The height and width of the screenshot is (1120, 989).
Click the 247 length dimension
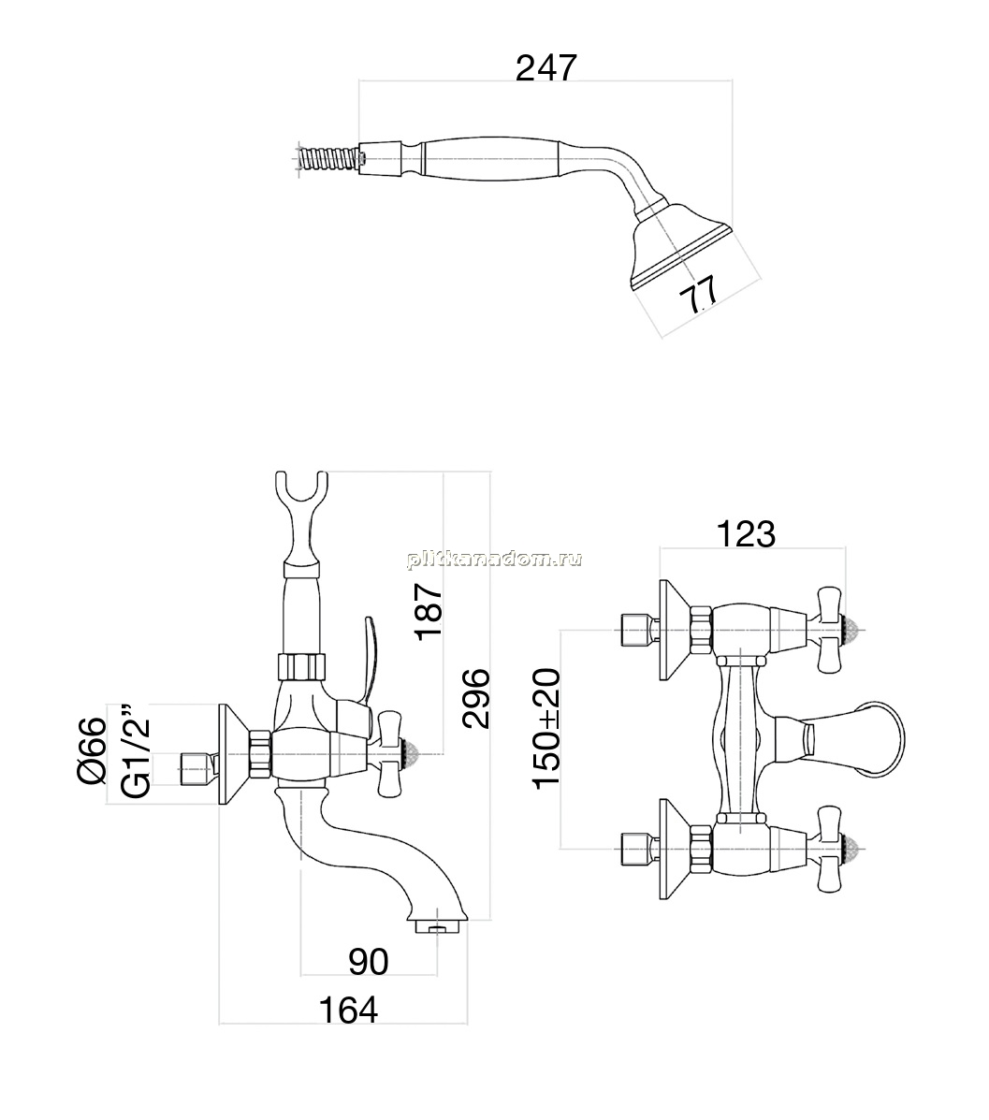coord(545,68)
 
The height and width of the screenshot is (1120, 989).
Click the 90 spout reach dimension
coord(368,962)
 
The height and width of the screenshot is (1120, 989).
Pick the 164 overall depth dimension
coord(348,1010)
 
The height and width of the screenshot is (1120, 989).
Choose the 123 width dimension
coord(746,533)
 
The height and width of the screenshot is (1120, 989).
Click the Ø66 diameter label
coord(93,750)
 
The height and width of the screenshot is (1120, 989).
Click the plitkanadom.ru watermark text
coord(494,560)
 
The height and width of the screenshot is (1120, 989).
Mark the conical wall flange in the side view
coord(235,756)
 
